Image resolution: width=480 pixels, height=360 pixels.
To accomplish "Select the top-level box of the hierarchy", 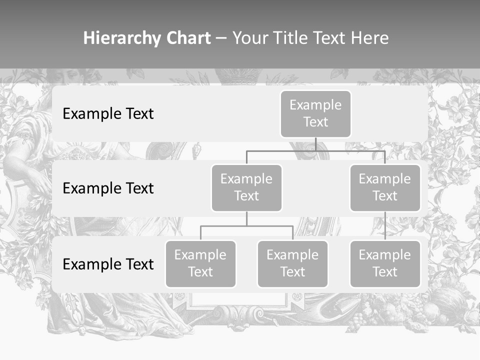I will click(x=315, y=114).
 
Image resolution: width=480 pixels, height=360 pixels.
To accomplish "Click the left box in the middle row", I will click(x=246, y=187).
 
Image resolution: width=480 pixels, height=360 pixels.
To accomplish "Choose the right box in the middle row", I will click(x=385, y=187).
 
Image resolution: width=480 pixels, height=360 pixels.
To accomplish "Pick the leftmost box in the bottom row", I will click(x=200, y=263).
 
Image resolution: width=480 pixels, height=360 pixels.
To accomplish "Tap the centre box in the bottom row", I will click(x=292, y=263).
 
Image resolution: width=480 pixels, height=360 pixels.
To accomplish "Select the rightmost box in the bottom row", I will click(x=385, y=263).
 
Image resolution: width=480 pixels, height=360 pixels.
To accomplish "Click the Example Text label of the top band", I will click(x=108, y=114).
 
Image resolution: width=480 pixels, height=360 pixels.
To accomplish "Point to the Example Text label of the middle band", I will click(x=108, y=188).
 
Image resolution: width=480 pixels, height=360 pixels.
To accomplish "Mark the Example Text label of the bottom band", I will click(x=108, y=264).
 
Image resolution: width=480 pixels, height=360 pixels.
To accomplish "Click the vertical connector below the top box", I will click(x=315, y=144).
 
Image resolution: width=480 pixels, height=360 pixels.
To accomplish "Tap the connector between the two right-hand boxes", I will click(x=385, y=226).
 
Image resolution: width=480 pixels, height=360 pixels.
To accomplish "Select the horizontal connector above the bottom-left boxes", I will click(x=246, y=226).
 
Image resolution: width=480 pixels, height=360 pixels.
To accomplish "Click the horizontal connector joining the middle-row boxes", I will click(x=315, y=150).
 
